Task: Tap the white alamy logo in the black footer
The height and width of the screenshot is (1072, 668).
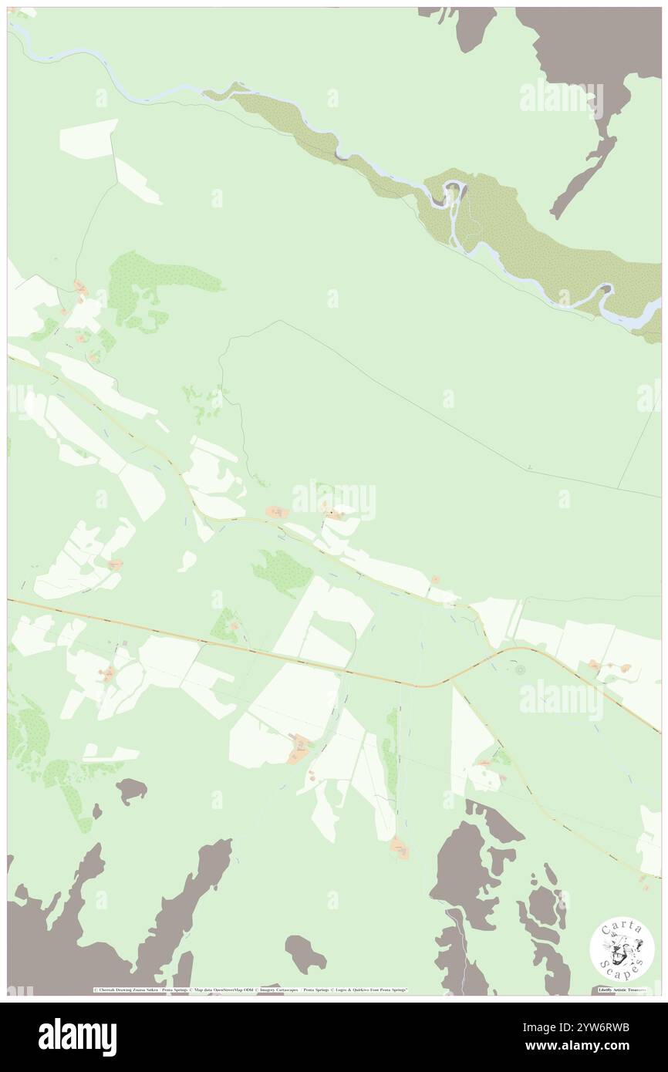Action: [77, 1037]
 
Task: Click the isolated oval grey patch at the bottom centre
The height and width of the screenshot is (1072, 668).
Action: [305, 954]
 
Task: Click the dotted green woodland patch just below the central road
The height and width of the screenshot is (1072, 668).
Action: [283, 571]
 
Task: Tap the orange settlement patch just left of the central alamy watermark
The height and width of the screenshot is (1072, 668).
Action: [275, 512]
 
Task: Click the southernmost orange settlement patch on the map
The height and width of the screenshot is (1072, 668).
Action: [399, 849]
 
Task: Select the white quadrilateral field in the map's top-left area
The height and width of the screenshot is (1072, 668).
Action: [88, 140]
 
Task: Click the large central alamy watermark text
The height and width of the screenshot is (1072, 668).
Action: [334, 500]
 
